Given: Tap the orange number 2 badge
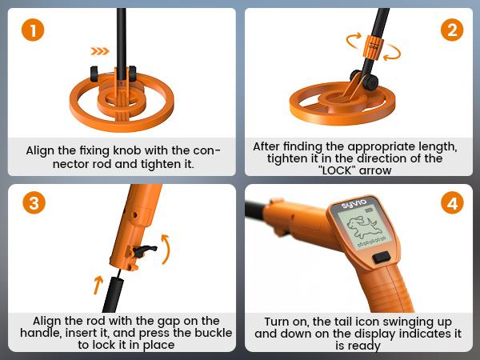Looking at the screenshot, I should pos(452,32).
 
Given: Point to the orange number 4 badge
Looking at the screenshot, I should pos(452,202).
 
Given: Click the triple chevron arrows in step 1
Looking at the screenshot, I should pos(99,51).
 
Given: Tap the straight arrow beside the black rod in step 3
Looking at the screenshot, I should pos(97,283).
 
